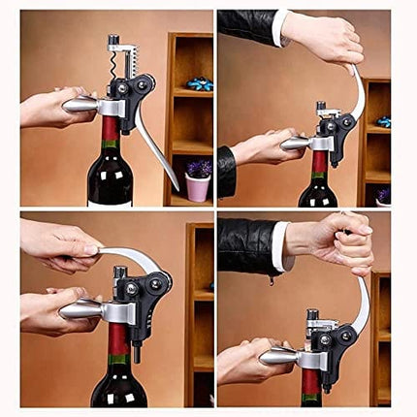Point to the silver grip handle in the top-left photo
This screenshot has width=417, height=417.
[80, 104]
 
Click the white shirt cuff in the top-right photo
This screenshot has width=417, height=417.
[278, 28]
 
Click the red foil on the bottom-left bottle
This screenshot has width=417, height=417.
[118, 339]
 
